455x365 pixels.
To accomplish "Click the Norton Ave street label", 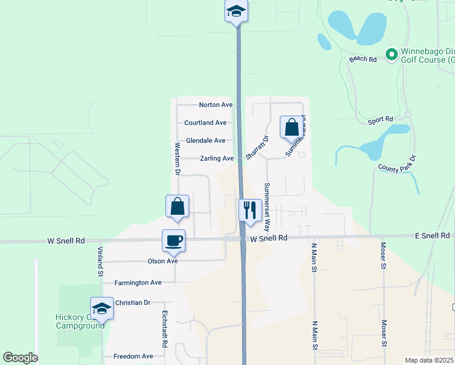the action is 216,105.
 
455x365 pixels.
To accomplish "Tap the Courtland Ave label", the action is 206,122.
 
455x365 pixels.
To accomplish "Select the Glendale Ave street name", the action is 206,141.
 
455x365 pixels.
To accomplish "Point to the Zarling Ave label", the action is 217,159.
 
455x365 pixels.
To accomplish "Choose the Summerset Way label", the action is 266,201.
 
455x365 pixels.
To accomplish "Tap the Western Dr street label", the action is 178,159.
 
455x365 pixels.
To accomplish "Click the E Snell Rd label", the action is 432,235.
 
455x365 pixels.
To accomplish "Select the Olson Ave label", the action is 162,260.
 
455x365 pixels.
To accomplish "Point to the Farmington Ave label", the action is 139,282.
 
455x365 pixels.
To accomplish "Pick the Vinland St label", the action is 100,262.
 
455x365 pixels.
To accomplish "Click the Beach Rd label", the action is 363,59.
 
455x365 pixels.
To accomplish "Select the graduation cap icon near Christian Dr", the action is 102,308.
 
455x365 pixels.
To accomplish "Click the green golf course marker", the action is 392,55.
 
